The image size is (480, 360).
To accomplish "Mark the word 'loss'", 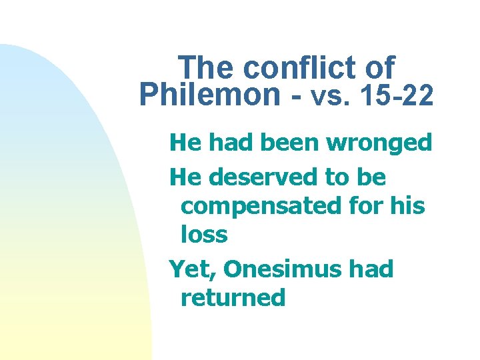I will point(204,234).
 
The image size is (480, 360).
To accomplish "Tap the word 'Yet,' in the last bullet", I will point(193,270).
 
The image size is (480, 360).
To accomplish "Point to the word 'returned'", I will point(233,297).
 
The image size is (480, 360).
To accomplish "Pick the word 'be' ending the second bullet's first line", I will point(373,177).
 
